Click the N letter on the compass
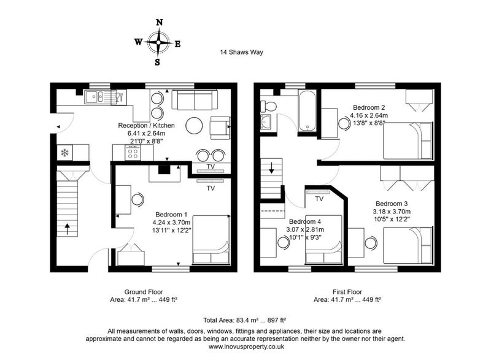click(x=160, y=22)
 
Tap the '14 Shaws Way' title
click(x=241, y=52)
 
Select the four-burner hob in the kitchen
click(x=133, y=153)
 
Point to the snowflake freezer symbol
click(x=65, y=153)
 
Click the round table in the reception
click(x=194, y=126)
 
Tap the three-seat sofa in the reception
click(x=195, y=100)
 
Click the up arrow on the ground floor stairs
click(x=68, y=229)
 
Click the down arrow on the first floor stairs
click(x=271, y=168)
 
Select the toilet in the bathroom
click(x=268, y=106)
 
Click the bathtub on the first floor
click(x=307, y=111)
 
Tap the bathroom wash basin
click(x=267, y=121)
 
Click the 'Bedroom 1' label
click(x=171, y=215)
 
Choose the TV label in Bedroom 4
click(x=319, y=199)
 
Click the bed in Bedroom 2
click(x=408, y=140)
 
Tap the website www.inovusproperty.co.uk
click(x=247, y=347)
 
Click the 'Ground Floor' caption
click(x=144, y=292)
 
